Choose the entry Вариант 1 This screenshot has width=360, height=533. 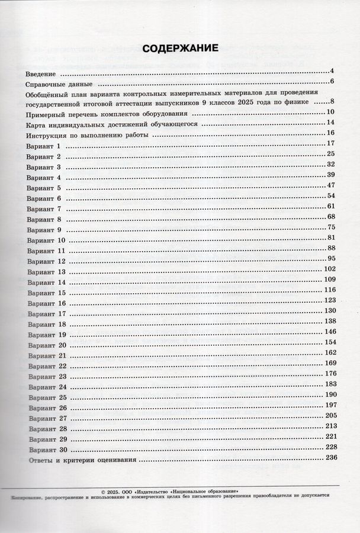pyautogui.click(x=44, y=146)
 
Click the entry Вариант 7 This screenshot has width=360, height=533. pyautogui.click(x=44, y=209)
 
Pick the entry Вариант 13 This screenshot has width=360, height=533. pyautogui.click(x=46, y=272)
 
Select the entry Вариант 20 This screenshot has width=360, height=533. pyautogui.click(x=46, y=345)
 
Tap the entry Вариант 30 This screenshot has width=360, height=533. pyautogui.click(x=46, y=449)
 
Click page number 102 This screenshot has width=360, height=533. pyautogui.click(x=330, y=269)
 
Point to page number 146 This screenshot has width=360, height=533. pyautogui.click(x=330, y=331)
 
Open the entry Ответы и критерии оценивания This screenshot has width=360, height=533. pyautogui.click(x=82, y=460)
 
